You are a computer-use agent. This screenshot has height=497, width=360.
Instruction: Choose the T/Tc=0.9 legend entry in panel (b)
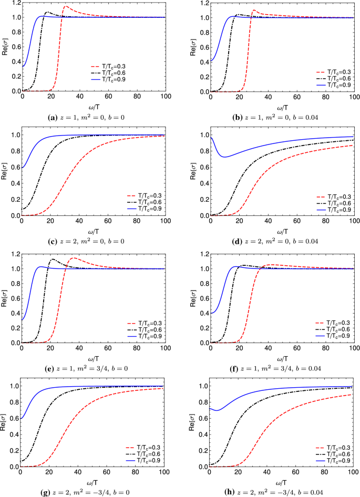pos(335,85)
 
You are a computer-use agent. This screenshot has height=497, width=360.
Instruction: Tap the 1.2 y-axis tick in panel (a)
pos(11,3)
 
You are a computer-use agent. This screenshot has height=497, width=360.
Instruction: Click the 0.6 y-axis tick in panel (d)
pos(200,167)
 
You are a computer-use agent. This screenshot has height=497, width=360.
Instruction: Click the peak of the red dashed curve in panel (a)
pos(66,7)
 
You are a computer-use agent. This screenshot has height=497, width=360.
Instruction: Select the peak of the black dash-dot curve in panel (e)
pos(52,259)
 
